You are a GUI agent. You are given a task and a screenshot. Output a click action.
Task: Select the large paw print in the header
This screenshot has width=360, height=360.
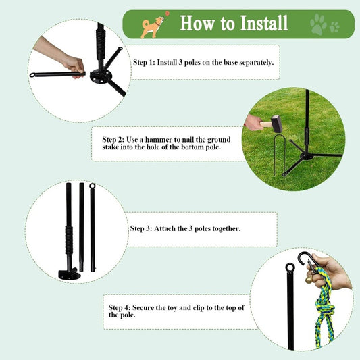coord(317,25)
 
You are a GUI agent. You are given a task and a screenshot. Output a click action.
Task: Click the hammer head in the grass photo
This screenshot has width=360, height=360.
coord(275,124)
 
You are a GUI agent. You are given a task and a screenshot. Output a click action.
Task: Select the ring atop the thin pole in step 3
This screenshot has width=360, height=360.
coord(93,186)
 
